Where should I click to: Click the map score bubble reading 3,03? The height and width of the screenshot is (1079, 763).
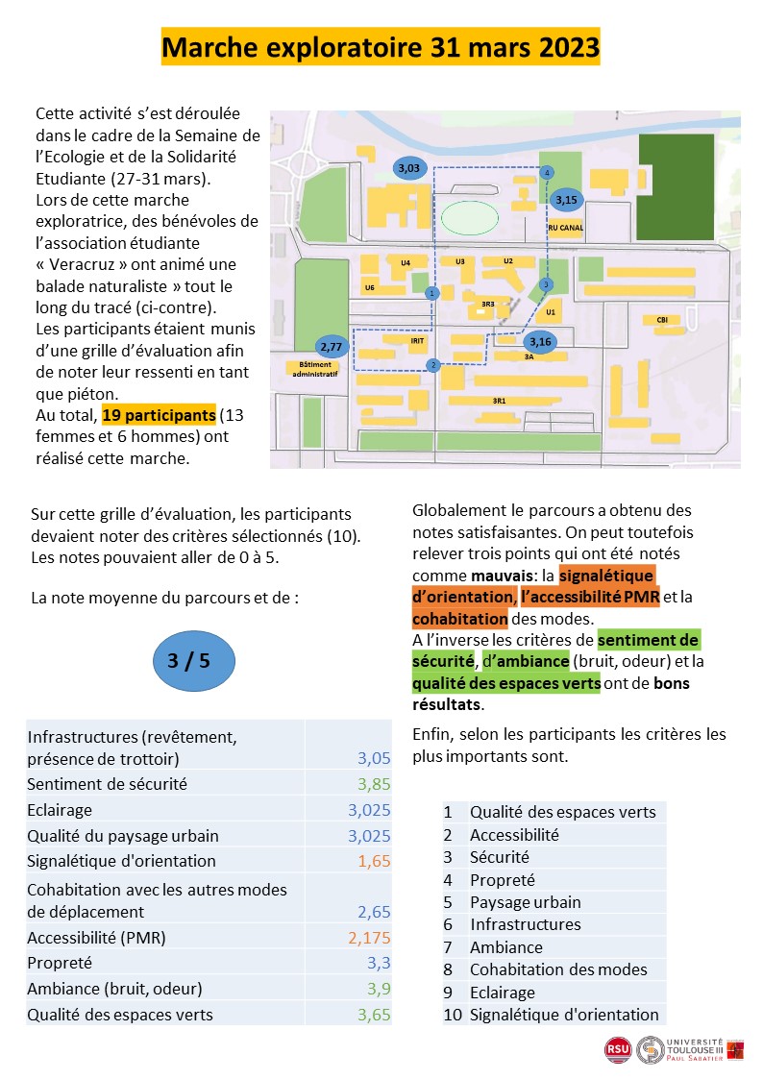click(408, 168)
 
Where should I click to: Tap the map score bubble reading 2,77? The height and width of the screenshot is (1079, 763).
click(332, 346)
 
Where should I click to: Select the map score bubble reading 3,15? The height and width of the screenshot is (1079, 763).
click(567, 200)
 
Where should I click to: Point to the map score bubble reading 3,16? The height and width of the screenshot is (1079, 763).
click(540, 340)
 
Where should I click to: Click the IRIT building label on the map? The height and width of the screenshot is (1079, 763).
click(417, 340)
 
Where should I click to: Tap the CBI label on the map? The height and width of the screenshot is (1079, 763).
click(661, 320)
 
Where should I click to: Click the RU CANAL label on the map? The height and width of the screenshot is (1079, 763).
click(565, 229)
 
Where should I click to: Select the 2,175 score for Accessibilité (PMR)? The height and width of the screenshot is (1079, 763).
click(369, 937)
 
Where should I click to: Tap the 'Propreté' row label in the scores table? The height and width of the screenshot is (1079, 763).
click(60, 963)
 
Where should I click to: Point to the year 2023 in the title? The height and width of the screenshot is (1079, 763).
click(563, 46)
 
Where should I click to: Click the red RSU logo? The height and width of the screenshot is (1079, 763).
click(617, 1050)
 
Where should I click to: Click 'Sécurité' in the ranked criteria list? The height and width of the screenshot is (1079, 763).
click(500, 857)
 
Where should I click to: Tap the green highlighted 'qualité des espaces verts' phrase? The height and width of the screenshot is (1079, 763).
click(505, 683)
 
